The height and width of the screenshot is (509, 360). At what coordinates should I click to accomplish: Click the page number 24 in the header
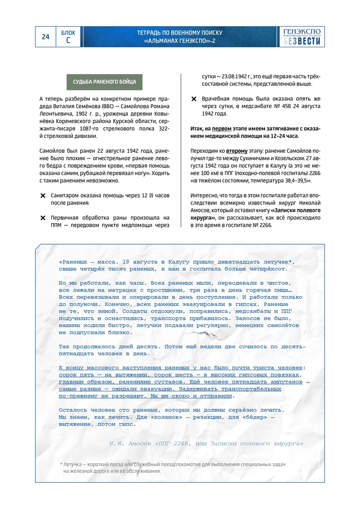click(46, 37)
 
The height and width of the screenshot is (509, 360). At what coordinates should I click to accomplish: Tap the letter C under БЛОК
click(68, 41)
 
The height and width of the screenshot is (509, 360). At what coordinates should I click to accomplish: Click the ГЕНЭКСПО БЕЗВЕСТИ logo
click(303, 37)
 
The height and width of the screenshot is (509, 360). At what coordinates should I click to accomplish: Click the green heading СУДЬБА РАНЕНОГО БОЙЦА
click(104, 82)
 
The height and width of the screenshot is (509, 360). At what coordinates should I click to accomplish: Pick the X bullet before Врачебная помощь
click(194, 99)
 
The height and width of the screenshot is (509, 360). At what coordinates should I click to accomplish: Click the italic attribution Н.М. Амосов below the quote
click(129, 443)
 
